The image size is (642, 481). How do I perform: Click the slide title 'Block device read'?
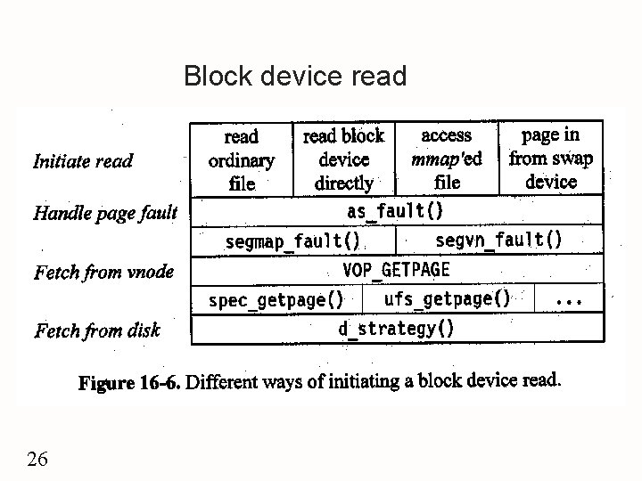pos(294,77)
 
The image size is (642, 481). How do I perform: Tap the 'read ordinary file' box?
pos(242,160)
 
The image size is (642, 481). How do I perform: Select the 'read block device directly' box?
pos(343,159)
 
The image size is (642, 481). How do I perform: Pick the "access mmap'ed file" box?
pos(446,159)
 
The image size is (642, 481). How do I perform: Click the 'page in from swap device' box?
pos(550,159)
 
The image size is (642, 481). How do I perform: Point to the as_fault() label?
pos(394,211)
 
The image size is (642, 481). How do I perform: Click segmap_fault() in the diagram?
pos(292,240)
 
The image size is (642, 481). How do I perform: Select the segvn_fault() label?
pos(498,239)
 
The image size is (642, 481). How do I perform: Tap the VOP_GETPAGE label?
pos(397,269)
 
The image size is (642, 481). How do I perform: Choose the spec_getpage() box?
pos(276,300)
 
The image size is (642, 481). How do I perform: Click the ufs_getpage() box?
pos(447,299)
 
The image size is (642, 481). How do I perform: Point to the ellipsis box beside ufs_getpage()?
pos(569,300)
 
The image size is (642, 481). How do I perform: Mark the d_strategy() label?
pos(396,329)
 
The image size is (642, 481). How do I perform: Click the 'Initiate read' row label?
pos(83,161)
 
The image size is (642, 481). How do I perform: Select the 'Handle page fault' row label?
pos(105,213)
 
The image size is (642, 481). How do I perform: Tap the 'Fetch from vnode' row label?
pos(103,272)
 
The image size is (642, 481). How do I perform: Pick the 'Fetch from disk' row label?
pos(97,331)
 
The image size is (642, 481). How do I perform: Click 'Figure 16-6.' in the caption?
pos(129,383)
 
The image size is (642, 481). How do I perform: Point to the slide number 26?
pos(38,460)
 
